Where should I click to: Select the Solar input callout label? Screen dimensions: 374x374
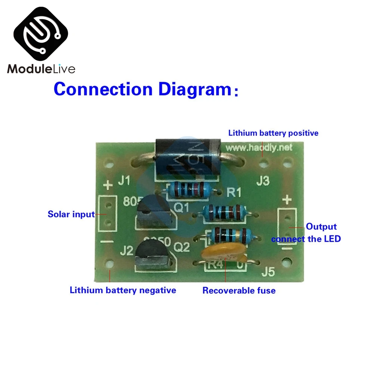point(71,214)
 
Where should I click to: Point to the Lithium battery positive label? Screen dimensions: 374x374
point(273,133)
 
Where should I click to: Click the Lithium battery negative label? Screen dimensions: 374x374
point(123,290)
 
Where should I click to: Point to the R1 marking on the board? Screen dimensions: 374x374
point(234,192)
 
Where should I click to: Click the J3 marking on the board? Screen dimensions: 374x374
point(263,182)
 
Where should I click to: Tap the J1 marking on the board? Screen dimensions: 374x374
point(125,182)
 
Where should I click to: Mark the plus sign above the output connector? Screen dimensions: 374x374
point(287,200)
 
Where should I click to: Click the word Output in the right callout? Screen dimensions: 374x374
point(321,226)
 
